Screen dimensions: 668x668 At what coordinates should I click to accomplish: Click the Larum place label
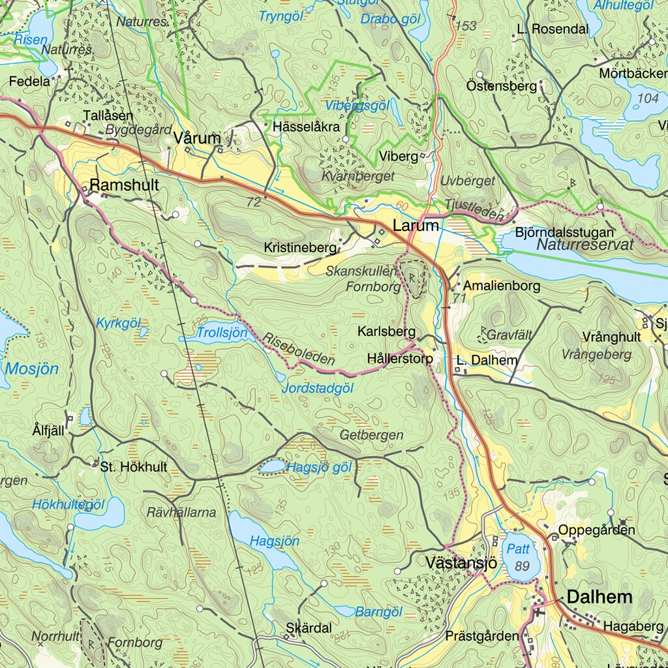(416, 226)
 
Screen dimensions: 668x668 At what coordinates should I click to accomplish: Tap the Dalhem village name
(600, 596)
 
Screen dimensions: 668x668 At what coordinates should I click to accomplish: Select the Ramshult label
(124, 185)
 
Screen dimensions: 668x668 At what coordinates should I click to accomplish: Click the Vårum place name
(198, 138)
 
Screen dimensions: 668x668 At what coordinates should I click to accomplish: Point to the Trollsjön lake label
(222, 333)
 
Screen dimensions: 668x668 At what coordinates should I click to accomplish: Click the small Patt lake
(520, 556)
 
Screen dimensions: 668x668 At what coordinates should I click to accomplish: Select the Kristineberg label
(300, 248)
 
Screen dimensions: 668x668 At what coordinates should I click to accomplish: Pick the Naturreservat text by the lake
(586, 245)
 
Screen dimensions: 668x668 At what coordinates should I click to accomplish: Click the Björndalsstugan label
(564, 232)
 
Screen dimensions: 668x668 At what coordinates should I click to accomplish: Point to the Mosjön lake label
(32, 369)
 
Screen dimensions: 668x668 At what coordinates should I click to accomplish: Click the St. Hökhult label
(134, 467)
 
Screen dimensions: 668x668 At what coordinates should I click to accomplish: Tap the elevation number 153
(466, 26)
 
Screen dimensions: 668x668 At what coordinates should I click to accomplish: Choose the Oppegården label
(596, 530)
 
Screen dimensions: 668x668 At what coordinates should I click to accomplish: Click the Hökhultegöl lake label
(68, 504)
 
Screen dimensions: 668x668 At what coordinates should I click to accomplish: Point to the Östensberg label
(502, 85)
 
